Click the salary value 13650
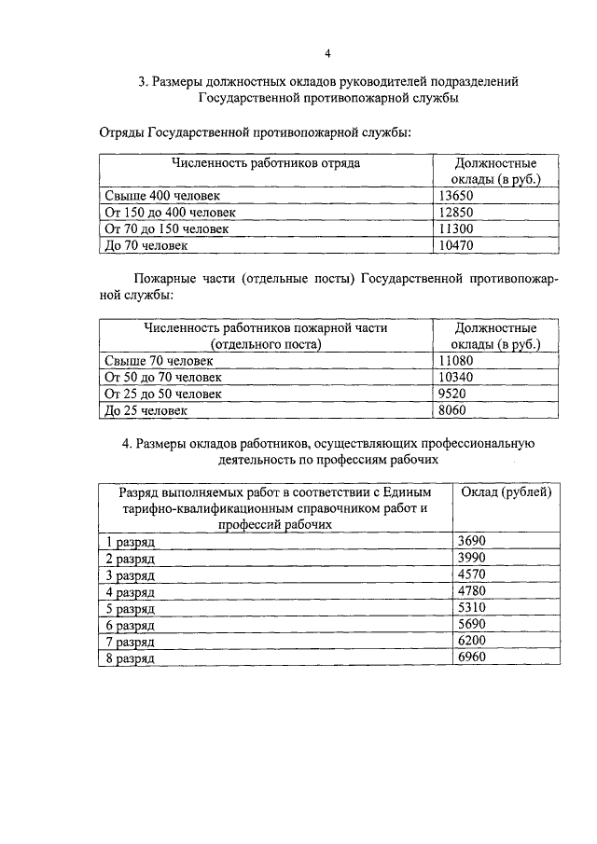click(456, 195)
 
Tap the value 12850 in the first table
click(456, 212)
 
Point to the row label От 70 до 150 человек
click(167, 228)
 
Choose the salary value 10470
click(456, 245)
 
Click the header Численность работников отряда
click(265, 162)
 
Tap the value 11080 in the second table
click(456, 360)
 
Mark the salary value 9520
click(452, 394)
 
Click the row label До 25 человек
click(146, 410)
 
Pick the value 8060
click(452, 409)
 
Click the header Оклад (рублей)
click(507, 491)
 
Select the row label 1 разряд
click(130, 542)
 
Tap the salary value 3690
click(472, 541)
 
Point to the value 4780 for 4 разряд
click(472, 591)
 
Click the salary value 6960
click(472, 657)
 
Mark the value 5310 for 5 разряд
click(472, 608)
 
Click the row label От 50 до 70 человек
click(163, 377)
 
